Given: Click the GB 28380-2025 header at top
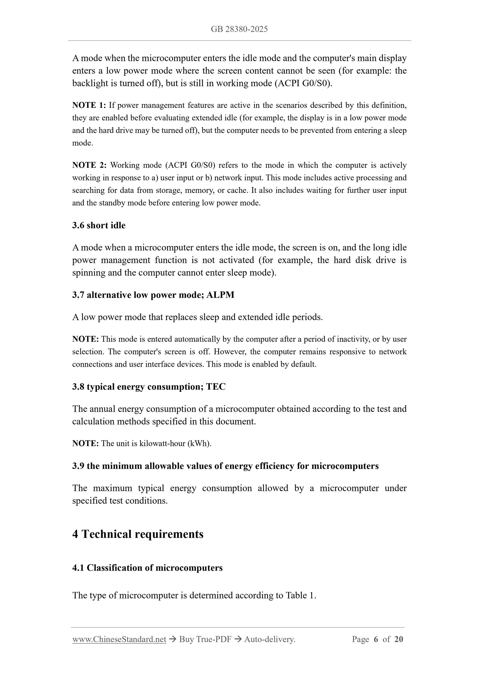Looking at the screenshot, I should (x=239, y=29).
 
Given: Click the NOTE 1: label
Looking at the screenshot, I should (x=89, y=105).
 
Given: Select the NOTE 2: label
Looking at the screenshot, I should (x=89, y=165).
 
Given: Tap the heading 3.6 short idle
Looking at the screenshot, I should (x=99, y=225).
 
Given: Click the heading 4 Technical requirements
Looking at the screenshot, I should (x=138, y=534).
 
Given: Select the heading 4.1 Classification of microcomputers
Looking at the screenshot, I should (x=147, y=568).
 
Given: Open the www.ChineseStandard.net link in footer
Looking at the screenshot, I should (x=119, y=639).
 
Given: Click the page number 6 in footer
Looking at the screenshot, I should (x=376, y=639).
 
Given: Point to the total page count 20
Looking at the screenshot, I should (x=399, y=639).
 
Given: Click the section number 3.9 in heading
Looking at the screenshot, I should (x=78, y=466).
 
